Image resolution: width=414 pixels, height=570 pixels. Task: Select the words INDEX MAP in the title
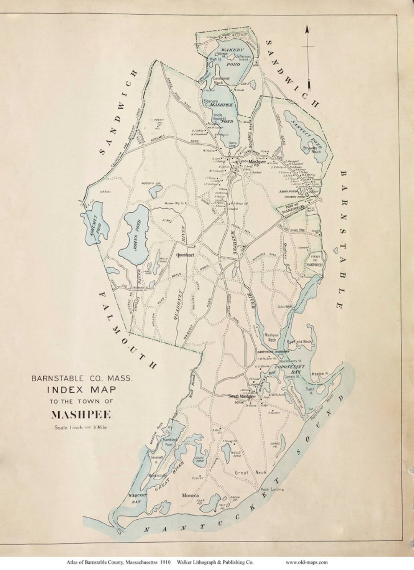82,390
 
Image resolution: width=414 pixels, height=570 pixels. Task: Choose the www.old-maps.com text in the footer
307,562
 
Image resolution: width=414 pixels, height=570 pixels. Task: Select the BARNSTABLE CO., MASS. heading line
82,378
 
